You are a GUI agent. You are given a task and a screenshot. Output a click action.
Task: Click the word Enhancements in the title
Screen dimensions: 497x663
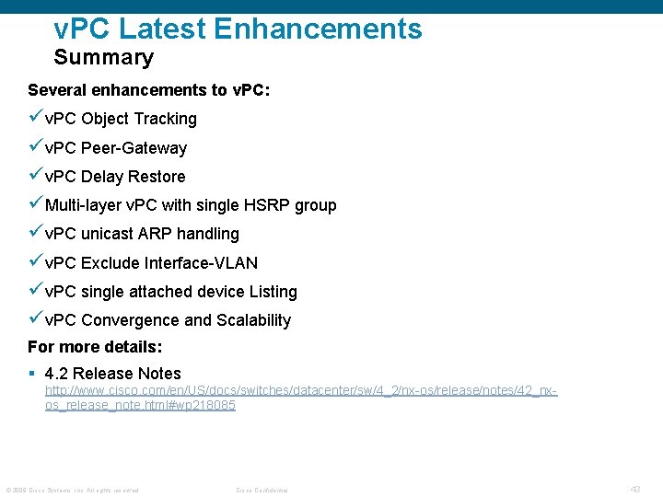(318, 29)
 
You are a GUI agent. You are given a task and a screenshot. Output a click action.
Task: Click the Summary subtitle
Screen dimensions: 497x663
(104, 58)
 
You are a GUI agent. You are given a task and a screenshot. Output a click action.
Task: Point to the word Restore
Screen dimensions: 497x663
(157, 177)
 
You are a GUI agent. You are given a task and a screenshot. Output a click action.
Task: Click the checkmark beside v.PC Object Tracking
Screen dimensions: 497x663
(35, 118)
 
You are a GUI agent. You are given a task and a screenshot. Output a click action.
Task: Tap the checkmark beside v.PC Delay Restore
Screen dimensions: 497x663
(35, 176)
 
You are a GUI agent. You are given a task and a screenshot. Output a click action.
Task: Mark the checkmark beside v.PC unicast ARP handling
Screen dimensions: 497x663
(35, 233)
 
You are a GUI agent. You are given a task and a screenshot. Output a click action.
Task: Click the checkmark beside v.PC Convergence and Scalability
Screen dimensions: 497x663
(35, 319)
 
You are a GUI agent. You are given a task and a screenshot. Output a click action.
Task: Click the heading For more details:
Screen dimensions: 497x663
(95, 347)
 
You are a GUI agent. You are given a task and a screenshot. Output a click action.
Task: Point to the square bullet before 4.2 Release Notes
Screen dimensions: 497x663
(32, 374)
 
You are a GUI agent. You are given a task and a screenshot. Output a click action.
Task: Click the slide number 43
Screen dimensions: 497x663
(635, 490)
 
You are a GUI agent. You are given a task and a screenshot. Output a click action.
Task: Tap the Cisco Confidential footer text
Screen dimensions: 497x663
(262, 491)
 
